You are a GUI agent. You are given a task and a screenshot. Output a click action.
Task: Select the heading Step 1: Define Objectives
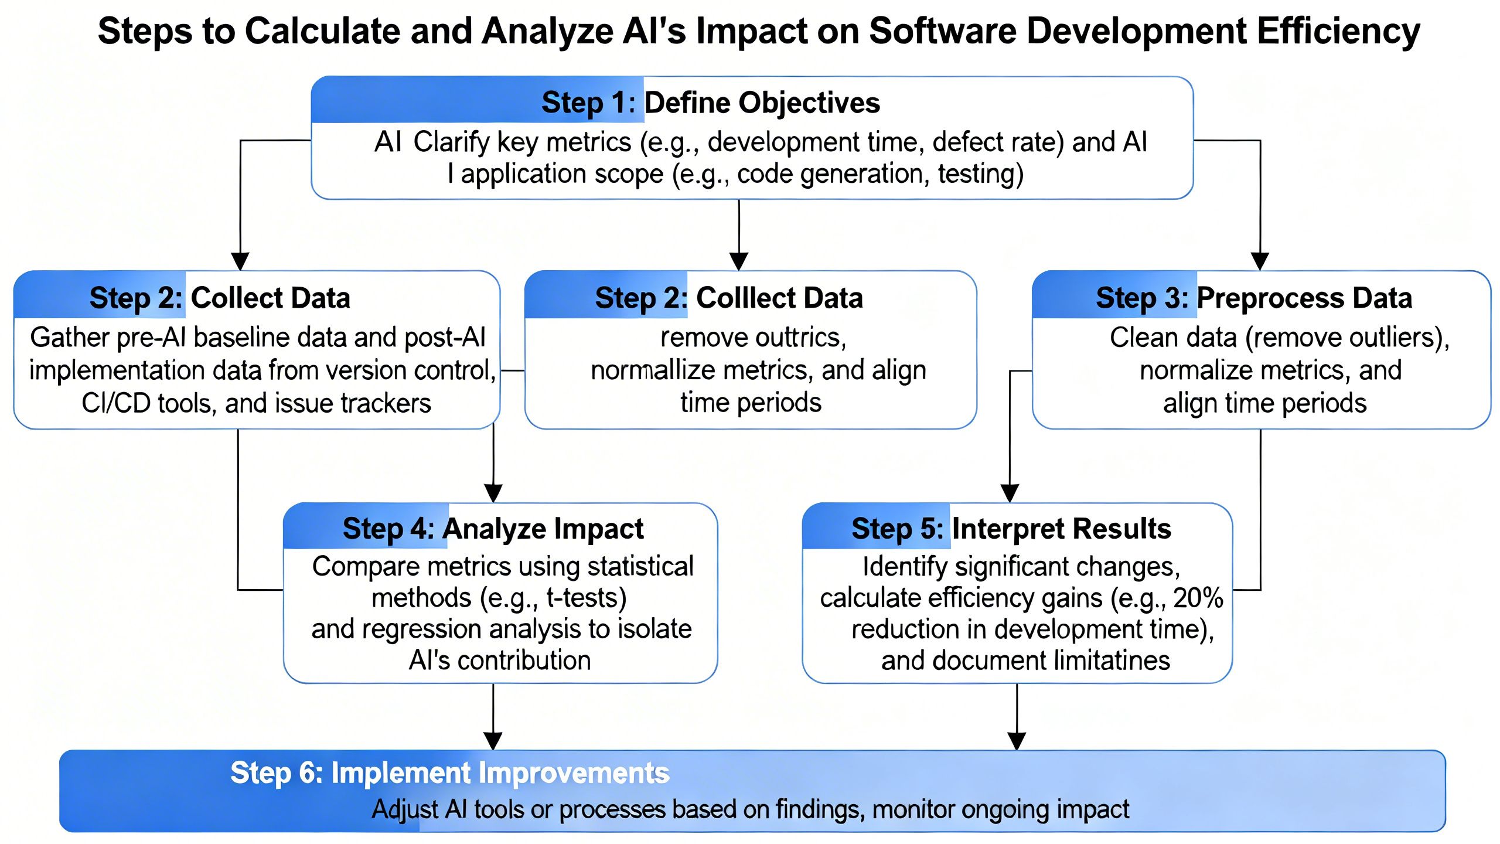[710, 103]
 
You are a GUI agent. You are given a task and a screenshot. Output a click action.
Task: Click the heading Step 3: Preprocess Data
[1254, 298]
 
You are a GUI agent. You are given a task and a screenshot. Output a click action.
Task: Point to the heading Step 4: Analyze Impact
[493, 529]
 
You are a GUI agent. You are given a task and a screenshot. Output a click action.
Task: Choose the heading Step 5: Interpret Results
[1011, 529]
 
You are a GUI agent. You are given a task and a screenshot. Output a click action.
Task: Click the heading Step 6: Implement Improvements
[449, 773]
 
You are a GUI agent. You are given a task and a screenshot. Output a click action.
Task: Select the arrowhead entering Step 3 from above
[1260, 261]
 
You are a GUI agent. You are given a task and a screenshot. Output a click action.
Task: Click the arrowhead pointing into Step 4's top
[493, 494]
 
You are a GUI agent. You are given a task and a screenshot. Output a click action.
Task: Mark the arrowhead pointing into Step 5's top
[1010, 494]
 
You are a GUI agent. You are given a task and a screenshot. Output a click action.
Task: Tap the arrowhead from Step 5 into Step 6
[1017, 741]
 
